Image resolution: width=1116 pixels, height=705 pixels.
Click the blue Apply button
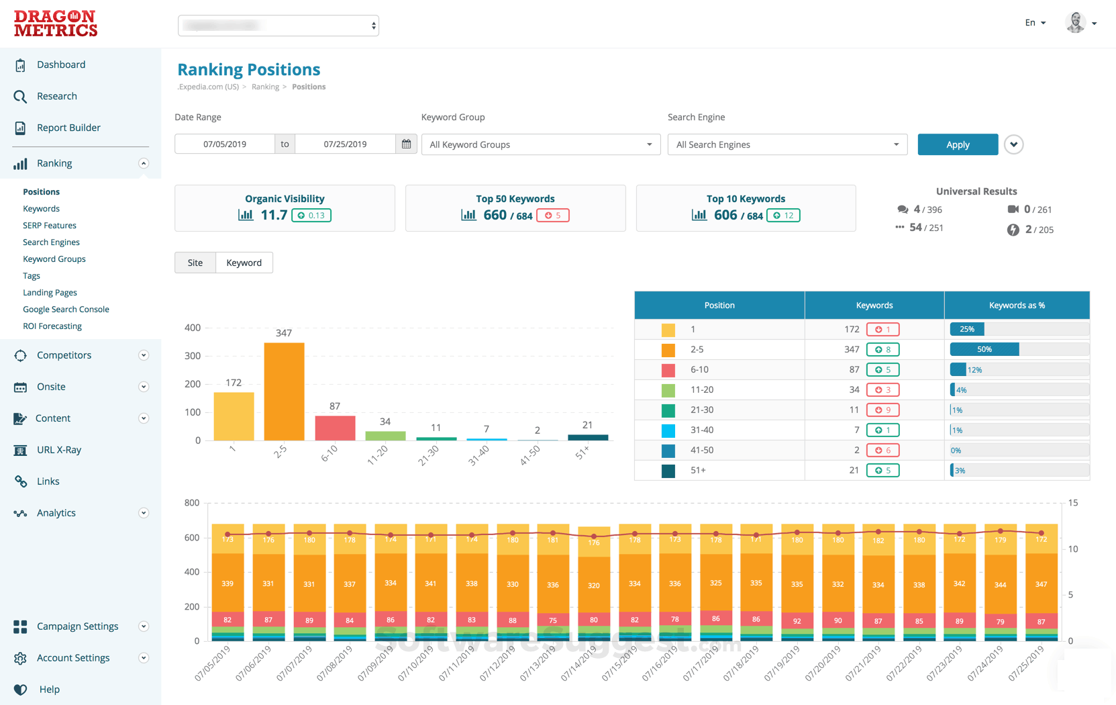[x=957, y=144]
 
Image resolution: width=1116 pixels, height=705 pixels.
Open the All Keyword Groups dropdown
[x=540, y=144]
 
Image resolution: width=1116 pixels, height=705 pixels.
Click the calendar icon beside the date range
[x=406, y=144]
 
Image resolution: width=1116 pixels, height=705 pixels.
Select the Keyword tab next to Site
[x=244, y=263]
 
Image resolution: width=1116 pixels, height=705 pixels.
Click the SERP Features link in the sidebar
[x=50, y=226]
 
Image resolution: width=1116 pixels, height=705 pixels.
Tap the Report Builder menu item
[x=68, y=128]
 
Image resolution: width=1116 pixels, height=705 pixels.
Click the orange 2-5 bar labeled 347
[x=284, y=391]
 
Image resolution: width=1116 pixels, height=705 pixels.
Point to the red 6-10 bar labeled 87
[x=335, y=428]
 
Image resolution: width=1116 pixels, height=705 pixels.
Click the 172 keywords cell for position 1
[x=852, y=329]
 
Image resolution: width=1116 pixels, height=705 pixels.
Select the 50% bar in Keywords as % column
[x=984, y=349]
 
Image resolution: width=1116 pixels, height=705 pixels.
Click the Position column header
[x=719, y=305]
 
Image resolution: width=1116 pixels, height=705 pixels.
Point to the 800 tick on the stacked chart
[x=192, y=503]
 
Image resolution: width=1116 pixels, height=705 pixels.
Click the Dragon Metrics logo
[x=56, y=23]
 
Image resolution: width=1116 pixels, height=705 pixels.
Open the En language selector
[x=1035, y=23]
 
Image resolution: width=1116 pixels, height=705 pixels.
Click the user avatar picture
[x=1076, y=23]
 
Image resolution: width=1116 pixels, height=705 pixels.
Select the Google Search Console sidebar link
[x=66, y=310]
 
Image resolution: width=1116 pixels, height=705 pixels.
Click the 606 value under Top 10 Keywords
[x=725, y=215]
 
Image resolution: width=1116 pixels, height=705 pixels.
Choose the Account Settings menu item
[x=73, y=658]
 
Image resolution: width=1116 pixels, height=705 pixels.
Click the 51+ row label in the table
[x=698, y=470]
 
